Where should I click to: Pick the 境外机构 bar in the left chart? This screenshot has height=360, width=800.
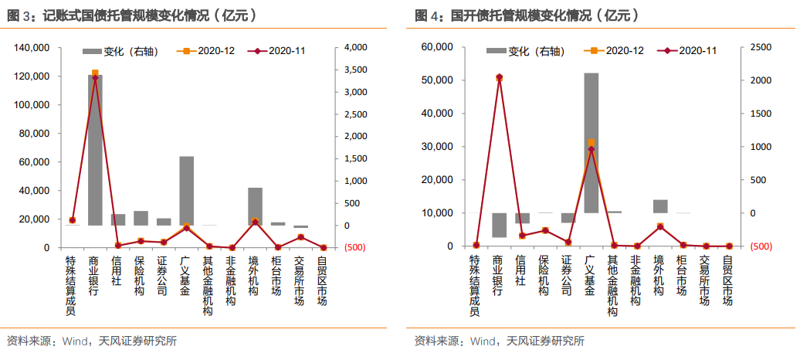(255, 206)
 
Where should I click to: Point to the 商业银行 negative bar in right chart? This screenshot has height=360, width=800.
(500, 225)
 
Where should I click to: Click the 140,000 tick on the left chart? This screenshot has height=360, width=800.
(32, 48)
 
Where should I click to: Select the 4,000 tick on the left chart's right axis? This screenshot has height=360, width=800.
(354, 48)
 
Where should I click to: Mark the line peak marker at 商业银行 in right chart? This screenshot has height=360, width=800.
(500, 77)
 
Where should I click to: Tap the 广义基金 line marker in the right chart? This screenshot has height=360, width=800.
(592, 149)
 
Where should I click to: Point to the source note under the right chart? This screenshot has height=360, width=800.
(499, 341)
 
